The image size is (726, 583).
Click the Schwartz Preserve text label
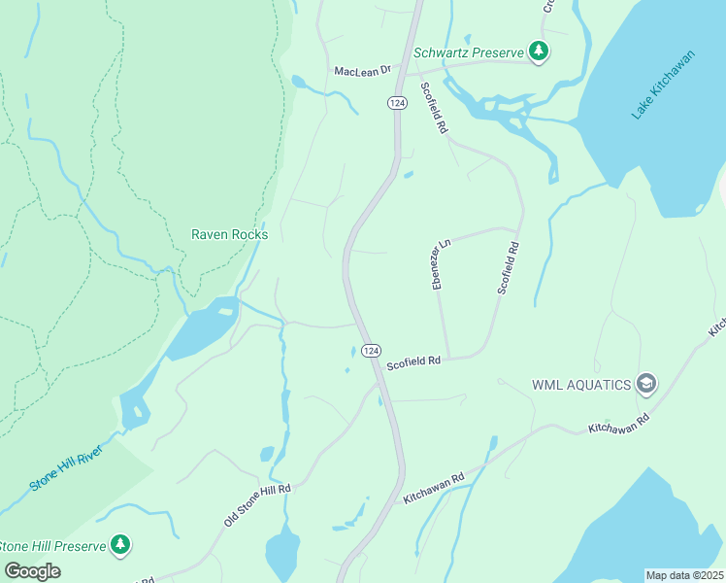click(469, 51)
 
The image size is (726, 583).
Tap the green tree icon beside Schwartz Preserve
click(538, 51)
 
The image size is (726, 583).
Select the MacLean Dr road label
click(362, 71)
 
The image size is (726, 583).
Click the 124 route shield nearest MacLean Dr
click(396, 102)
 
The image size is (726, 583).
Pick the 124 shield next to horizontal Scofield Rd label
click(369, 350)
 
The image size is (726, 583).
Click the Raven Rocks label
click(229, 234)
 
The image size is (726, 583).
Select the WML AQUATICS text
click(581, 384)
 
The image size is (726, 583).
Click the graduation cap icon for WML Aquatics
click(646, 384)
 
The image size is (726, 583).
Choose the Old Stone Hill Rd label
click(257, 504)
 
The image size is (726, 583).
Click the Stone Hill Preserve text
click(52, 546)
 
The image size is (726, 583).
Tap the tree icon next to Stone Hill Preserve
click(119, 544)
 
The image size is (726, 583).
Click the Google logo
click(33, 570)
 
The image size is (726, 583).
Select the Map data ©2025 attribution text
click(684, 575)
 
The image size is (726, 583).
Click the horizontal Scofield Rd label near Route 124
click(413, 361)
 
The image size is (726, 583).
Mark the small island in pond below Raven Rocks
click(225, 312)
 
